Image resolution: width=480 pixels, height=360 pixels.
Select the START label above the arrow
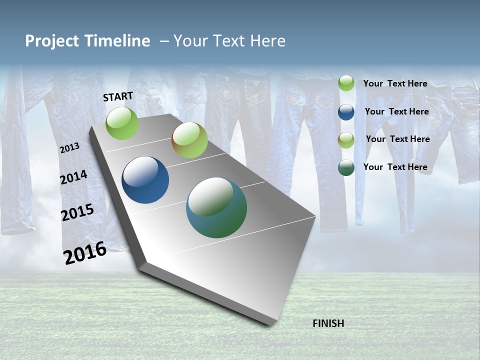coord(118,96)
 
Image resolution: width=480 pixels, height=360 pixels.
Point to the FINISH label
coord(328,323)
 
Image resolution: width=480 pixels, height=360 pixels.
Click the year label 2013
coord(69,148)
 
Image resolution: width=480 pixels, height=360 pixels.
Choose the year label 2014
coord(73,177)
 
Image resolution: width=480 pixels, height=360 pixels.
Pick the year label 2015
coord(77,212)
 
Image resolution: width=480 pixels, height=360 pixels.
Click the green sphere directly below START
coord(122,123)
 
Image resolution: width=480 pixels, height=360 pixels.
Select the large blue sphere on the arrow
coord(145,180)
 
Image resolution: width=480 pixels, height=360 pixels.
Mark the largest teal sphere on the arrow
coord(216,207)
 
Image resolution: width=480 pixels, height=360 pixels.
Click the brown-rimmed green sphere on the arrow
coord(189,140)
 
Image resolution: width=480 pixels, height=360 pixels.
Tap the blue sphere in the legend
coord(346,112)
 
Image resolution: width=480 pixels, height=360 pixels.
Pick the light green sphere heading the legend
coord(346,83)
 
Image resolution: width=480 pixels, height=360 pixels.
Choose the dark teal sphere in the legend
coord(346,168)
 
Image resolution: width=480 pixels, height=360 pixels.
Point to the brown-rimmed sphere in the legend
coord(346,140)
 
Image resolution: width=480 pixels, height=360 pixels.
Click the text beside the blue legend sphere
coord(396,111)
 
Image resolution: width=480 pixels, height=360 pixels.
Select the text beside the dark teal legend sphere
coord(395,167)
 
